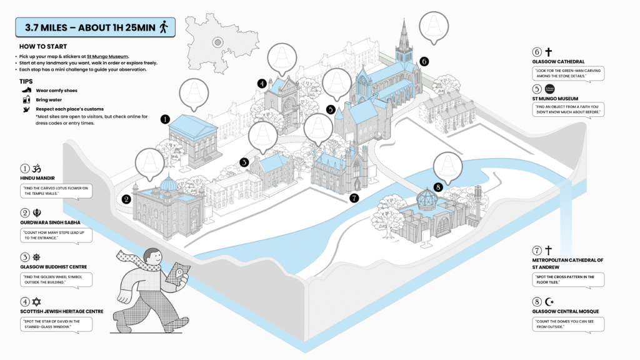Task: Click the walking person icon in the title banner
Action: pyautogui.click(x=164, y=27)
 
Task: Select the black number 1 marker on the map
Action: pyautogui.click(x=165, y=119)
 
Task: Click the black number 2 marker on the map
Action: pyautogui.click(x=126, y=199)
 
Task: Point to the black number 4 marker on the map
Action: pyautogui.click(x=262, y=83)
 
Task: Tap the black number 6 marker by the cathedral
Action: pyautogui.click(x=424, y=61)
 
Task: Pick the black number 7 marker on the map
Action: pyautogui.click(x=354, y=198)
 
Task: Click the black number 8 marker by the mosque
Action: pyautogui.click(x=437, y=186)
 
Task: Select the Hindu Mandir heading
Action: pyautogui.click(x=36, y=178)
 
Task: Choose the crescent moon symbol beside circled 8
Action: pyautogui.click(x=549, y=301)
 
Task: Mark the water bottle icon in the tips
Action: pyautogui.click(x=26, y=100)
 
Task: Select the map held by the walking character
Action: pyautogui.click(x=179, y=274)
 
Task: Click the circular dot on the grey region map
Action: pyautogui.click(x=217, y=42)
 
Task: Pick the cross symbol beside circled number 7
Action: pyautogui.click(x=549, y=250)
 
